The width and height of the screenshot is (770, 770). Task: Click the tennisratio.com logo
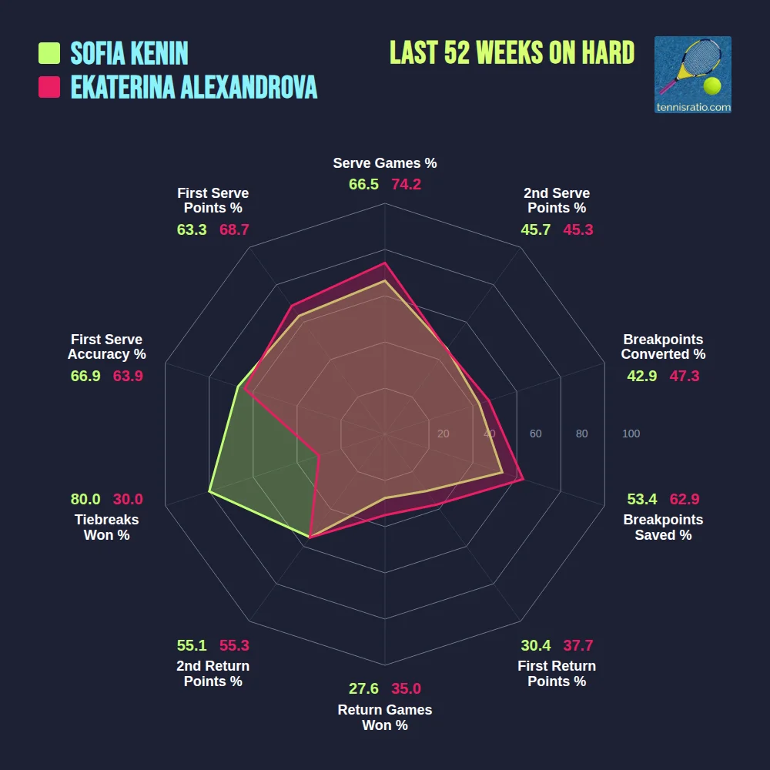692,75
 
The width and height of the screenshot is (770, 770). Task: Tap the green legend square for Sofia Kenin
49,53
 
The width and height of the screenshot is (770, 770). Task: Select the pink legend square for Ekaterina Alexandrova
49,87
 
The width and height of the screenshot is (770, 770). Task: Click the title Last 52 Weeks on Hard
512,53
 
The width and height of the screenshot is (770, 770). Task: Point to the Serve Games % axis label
385,163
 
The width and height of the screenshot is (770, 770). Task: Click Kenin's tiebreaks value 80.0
85,499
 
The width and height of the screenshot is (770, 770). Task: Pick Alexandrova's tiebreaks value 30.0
128,499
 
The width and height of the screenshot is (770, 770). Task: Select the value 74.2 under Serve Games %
406,184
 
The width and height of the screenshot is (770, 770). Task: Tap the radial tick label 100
631,434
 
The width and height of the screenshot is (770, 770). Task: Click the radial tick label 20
443,434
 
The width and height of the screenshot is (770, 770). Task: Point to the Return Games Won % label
385,718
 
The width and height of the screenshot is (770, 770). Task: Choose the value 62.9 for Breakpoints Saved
684,499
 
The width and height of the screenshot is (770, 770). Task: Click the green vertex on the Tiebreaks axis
209,490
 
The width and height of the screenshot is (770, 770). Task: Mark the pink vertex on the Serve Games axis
385,263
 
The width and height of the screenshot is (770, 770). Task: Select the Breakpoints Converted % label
663,347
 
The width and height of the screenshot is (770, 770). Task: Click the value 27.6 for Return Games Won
364,689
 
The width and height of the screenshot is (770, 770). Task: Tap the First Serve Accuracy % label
106,347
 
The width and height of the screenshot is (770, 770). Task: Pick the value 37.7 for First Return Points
577,645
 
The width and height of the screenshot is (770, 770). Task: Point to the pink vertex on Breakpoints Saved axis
523,479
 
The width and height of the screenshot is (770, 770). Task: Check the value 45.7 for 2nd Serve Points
535,229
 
